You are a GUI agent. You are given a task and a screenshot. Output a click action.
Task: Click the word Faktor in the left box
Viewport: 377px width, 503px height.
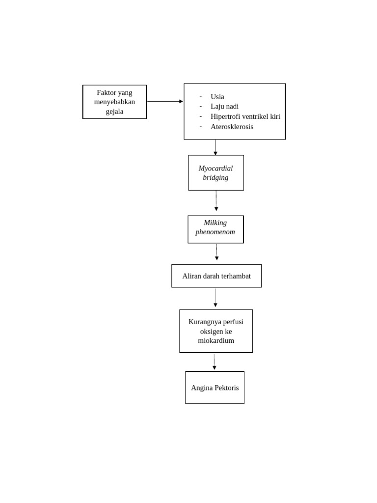point(107,93)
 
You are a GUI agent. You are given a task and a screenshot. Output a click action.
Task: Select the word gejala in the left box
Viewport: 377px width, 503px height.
point(114,112)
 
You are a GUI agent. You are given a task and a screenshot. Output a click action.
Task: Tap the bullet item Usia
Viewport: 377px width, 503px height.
point(217,97)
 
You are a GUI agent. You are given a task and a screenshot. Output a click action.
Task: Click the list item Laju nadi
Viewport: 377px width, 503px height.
point(224,107)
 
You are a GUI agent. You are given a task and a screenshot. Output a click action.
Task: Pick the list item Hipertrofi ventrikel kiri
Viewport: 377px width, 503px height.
point(245,116)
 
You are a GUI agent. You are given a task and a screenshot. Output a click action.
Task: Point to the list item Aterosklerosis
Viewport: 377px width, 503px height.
point(232,127)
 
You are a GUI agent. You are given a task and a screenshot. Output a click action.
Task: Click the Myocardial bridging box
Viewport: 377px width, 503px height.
point(216,173)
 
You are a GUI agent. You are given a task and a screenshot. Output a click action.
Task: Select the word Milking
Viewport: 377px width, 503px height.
point(215,223)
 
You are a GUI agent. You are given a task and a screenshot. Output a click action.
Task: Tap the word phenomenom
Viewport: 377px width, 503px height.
point(215,232)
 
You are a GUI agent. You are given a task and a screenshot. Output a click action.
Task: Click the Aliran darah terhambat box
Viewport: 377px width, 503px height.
point(216,276)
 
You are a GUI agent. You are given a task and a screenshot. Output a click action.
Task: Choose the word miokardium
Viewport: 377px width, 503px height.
point(216,341)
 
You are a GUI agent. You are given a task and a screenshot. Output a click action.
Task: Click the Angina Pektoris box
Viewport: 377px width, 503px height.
point(215,388)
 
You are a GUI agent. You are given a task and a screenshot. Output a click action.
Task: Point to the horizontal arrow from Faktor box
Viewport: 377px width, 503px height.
point(165,101)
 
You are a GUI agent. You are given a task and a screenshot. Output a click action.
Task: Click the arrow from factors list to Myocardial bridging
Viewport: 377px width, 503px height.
point(215,147)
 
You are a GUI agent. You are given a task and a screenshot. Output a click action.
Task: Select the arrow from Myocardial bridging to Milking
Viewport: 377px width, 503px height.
point(216,201)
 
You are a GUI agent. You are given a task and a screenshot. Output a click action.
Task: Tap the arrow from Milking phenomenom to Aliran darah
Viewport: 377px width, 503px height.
point(216,252)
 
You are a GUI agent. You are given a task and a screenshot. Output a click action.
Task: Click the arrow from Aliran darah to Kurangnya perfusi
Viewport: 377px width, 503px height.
point(215,298)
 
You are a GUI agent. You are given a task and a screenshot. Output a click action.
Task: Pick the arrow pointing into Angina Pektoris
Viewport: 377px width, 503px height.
point(215,362)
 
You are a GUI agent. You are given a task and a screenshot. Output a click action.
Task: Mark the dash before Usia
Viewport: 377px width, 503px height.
point(201,97)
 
